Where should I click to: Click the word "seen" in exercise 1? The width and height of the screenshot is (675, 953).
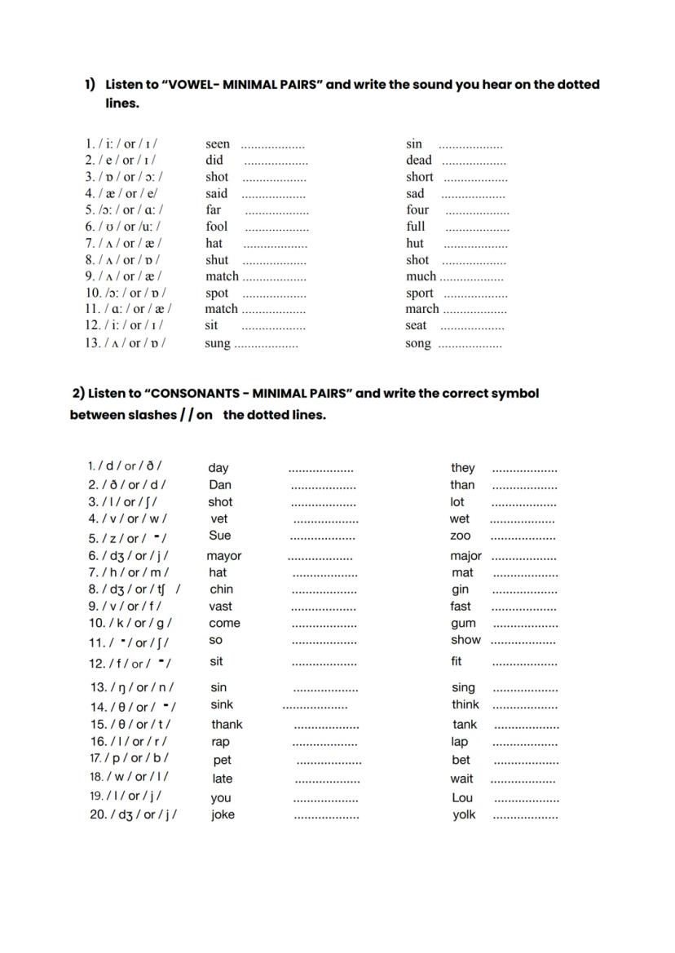pos(218,144)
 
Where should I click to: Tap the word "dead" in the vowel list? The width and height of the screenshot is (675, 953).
pos(418,161)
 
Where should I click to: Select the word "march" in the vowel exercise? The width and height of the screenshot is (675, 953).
pos(422,309)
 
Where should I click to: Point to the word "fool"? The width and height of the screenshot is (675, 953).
pos(217,227)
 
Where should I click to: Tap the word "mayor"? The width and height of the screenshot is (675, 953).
pos(224,556)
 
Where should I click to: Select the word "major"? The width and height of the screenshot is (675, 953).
pos(465,556)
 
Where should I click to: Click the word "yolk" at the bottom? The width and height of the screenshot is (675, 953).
pos(464,814)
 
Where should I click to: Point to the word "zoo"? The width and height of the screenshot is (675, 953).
pos(461,536)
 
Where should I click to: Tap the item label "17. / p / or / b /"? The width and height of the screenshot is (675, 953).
pos(129,758)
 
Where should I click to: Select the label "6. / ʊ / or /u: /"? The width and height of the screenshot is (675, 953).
pos(123,227)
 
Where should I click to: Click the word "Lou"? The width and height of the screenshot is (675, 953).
pos(462,797)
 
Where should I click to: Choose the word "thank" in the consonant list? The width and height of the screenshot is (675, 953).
pos(227,724)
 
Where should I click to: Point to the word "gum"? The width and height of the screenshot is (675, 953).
pos(463,623)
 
